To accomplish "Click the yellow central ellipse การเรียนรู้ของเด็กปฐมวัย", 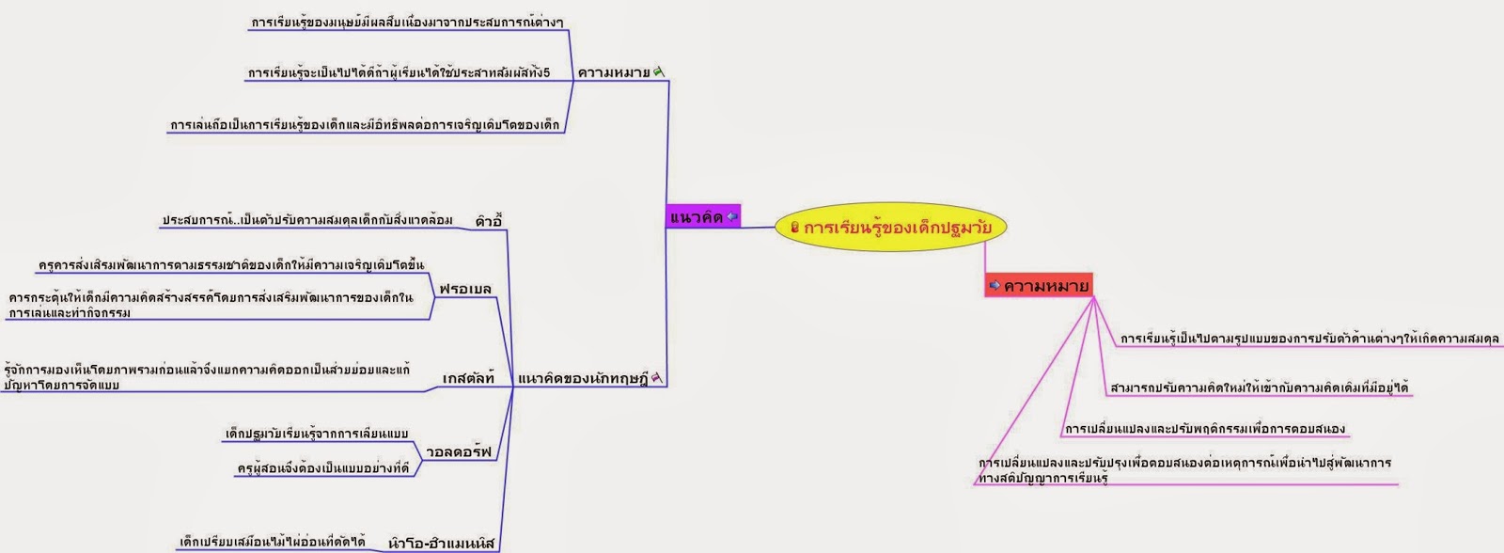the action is point(890,227).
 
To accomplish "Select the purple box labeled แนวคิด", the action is point(703,217).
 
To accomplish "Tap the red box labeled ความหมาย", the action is point(1038,285).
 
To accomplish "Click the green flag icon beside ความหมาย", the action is point(659,71).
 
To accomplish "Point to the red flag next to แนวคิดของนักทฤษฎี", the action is point(657,378).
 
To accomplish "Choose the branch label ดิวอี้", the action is point(489,222).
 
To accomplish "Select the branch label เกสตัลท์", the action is point(468,378).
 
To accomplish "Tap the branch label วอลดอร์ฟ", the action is point(459,451).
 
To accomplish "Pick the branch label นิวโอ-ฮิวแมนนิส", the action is point(441,543).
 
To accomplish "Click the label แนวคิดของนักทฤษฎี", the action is point(583,379).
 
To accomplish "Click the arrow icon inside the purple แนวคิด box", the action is point(732,217).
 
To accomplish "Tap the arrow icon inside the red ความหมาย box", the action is point(995,285).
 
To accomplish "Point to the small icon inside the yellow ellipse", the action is point(794,227).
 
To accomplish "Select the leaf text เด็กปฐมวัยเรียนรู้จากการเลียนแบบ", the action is point(317,434).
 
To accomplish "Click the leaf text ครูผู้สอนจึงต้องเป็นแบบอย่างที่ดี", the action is point(323,467).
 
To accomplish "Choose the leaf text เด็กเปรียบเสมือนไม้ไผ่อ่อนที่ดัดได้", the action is point(273,542).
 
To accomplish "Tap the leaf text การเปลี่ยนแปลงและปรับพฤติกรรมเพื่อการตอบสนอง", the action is point(1204,429).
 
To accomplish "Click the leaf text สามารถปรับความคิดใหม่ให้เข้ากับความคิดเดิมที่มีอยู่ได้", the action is point(1259,387).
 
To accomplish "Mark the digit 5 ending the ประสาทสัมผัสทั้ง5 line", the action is point(546,72).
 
